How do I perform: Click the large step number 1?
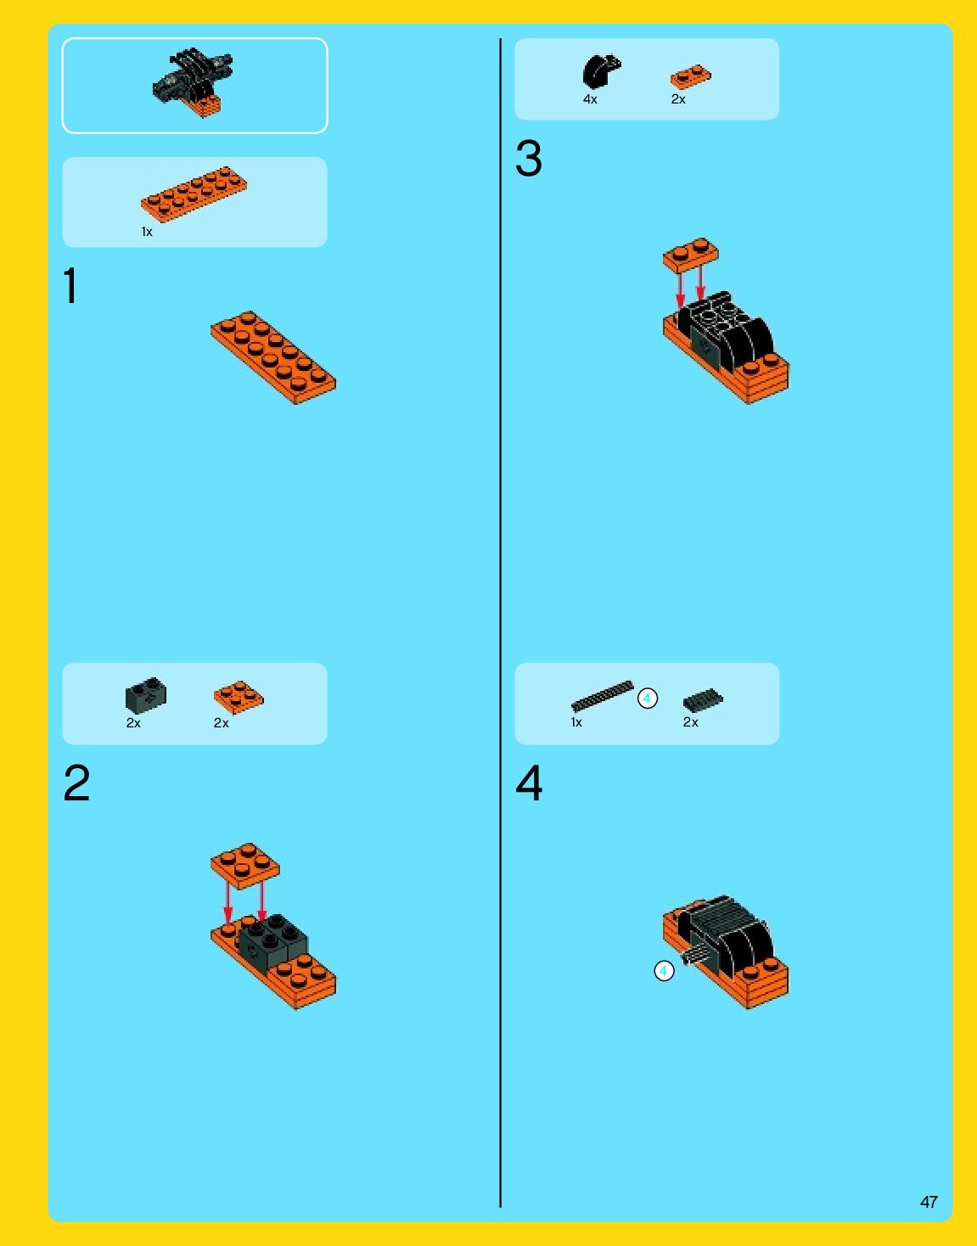70,285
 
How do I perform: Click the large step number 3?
529,158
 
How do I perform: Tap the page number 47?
929,1202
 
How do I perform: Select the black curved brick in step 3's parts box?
601,71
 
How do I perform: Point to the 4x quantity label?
590,99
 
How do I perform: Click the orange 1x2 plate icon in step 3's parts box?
691,76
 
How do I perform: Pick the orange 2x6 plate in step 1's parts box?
194,194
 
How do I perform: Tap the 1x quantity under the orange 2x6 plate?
147,232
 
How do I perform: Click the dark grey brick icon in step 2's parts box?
146,695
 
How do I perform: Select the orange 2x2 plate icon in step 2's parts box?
239,697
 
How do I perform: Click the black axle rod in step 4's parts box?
603,696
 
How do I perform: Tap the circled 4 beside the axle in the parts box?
648,699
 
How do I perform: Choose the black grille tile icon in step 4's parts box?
703,700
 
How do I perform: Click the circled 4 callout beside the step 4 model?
664,971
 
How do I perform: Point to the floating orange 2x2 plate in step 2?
245,866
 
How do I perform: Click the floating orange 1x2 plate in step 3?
690,255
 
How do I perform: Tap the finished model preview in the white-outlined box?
194,82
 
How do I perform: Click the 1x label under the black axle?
576,722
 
